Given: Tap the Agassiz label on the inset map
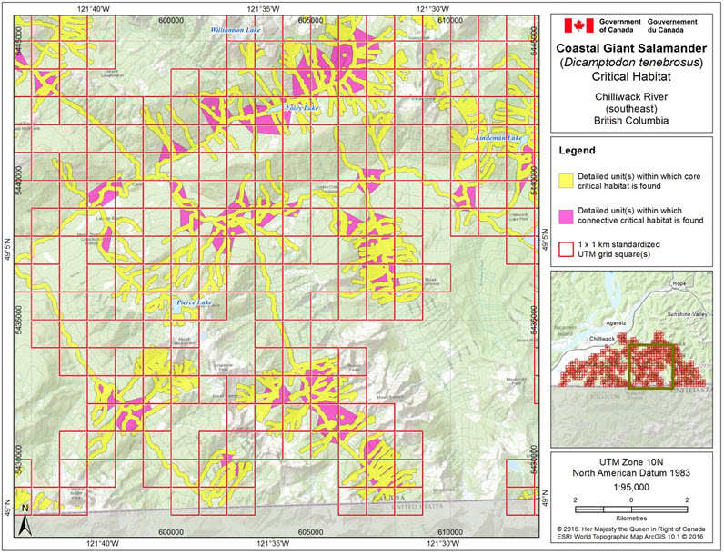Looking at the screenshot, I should tap(618, 322).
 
